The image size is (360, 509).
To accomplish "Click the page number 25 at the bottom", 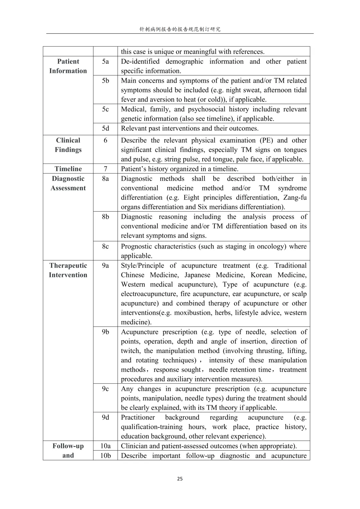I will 180,479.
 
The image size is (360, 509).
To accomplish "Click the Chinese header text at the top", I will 180,29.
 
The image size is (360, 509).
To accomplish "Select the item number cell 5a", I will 105,61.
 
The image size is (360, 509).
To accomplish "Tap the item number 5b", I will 105,81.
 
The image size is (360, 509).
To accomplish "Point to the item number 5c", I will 105,109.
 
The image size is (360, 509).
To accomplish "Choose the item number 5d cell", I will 105,128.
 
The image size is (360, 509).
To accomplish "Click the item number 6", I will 105,140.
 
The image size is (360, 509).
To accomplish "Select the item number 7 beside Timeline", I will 105,169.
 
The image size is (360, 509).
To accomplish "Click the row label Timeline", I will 68,169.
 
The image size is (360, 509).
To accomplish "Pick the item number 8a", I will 105,179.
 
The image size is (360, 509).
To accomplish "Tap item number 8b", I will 105,217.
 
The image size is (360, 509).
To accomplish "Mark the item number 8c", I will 105,246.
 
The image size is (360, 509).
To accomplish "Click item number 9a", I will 105,266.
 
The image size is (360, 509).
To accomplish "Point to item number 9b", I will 105,332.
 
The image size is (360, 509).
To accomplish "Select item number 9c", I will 105,389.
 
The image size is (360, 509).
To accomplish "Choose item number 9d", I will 105,417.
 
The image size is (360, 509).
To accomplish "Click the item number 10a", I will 105,446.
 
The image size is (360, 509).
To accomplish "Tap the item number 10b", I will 105,456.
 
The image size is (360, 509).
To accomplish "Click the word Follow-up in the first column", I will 68,446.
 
